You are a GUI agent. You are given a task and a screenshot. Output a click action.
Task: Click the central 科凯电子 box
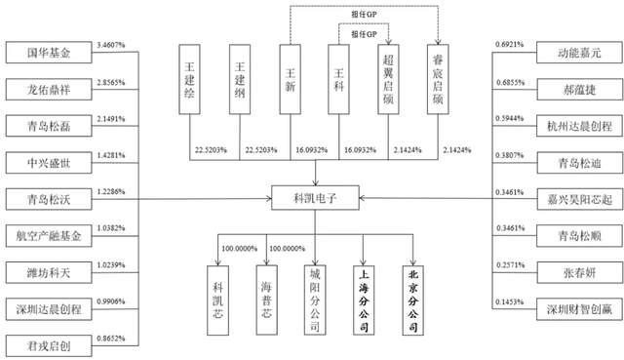tap(314, 197)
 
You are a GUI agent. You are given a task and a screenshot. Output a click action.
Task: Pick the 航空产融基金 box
tap(46, 234)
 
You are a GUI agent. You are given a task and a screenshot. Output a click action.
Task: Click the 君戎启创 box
tap(46, 342)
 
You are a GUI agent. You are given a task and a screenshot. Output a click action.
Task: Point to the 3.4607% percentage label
tap(117, 45)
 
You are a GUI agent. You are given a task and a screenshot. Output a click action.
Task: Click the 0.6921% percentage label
tap(512, 46)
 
